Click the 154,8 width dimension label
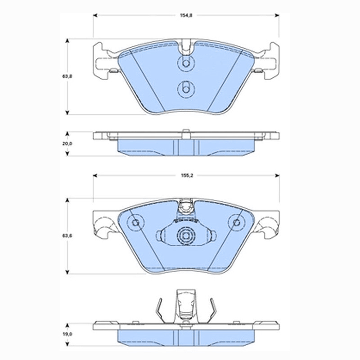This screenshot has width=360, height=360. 186,15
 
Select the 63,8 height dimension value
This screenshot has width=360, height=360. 67,76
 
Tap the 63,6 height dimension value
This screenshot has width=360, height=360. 67,236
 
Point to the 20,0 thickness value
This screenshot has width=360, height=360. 67,144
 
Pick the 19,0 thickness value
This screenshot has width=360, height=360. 67,334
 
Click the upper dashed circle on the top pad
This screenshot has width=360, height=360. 186,63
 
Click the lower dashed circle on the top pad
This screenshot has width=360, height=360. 186,88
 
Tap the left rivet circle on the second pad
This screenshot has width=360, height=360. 136,222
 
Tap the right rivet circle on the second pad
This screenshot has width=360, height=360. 237,222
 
